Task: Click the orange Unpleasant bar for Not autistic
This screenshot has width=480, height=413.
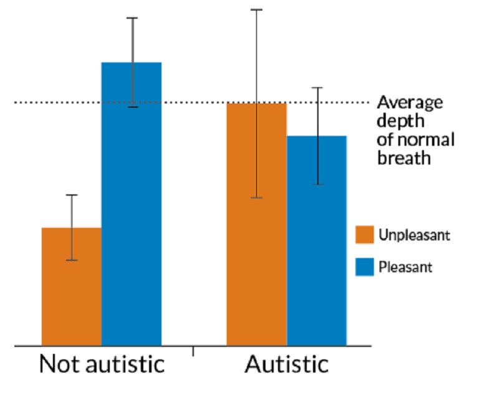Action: click(x=72, y=287)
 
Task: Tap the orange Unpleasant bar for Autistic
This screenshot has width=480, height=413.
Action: click(x=256, y=224)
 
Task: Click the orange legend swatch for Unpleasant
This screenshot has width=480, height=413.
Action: click(x=364, y=235)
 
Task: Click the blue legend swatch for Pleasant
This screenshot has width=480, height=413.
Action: click(x=364, y=267)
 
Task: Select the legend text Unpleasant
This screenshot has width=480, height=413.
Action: click(x=414, y=235)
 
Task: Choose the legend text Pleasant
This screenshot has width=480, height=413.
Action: click(x=405, y=268)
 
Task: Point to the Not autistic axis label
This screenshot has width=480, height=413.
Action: click(x=102, y=364)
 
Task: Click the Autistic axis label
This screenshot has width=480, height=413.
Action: click(x=286, y=364)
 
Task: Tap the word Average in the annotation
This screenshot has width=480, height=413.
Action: click(x=410, y=102)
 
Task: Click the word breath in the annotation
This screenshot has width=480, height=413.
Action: click(x=404, y=158)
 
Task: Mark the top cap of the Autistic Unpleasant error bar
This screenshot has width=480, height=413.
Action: click(x=256, y=10)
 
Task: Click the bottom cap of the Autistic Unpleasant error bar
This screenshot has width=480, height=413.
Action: click(x=256, y=197)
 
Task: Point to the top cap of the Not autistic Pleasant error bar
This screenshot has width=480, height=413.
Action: click(x=132, y=18)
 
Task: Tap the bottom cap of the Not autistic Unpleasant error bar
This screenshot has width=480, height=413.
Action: click(x=72, y=260)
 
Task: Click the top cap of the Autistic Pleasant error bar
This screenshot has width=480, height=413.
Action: click(x=317, y=88)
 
